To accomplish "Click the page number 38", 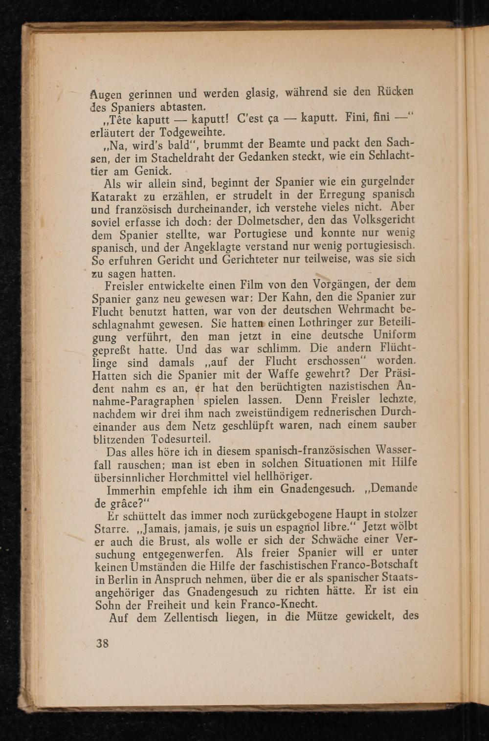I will coord(102,643).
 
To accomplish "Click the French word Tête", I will coord(113,120).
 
